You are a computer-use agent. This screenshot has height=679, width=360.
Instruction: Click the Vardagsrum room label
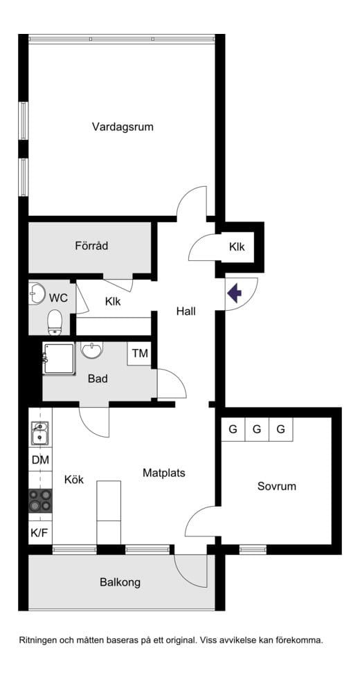pyautogui.click(x=123, y=127)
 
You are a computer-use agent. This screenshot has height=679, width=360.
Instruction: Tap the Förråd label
pyautogui.click(x=91, y=246)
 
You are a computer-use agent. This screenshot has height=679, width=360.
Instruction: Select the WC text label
pyautogui.click(x=58, y=298)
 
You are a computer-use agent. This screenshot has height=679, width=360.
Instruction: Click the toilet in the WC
pyautogui.click(x=54, y=321)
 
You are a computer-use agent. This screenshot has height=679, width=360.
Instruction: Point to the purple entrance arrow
pyautogui.click(x=235, y=293)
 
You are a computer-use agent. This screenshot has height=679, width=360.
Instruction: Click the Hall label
pyautogui.click(x=186, y=311)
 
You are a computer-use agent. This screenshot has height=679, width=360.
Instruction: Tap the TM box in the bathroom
pyautogui.click(x=141, y=354)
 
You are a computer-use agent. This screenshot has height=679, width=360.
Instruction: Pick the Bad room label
pyautogui.click(x=98, y=379)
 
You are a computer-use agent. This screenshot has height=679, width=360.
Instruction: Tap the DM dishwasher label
pyautogui.click(x=39, y=460)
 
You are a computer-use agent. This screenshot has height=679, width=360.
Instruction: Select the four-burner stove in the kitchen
pyautogui.click(x=40, y=500)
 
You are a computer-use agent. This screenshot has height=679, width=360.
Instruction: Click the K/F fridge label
pyautogui.click(x=39, y=533)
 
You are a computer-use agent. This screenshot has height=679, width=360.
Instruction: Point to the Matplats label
pyautogui.click(x=164, y=473)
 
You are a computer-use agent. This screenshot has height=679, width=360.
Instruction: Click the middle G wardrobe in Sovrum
pyautogui.click(x=257, y=430)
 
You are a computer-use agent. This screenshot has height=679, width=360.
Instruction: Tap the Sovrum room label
pyautogui.click(x=276, y=487)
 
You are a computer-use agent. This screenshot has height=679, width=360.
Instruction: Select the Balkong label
pyautogui.click(x=120, y=582)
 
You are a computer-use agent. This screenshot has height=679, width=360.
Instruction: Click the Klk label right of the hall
pyautogui.click(x=237, y=247)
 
